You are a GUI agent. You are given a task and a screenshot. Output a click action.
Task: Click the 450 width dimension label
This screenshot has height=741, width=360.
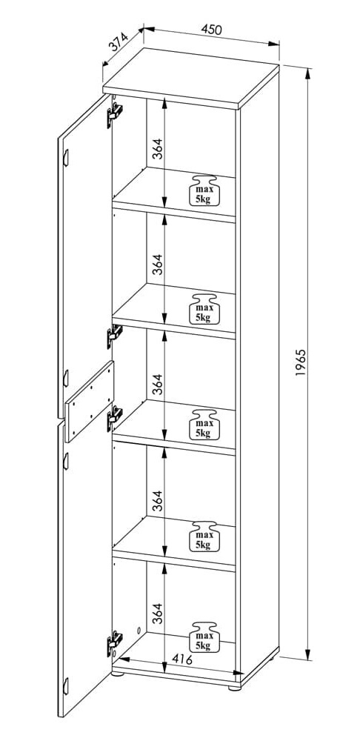pyautogui.click(x=211, y=30)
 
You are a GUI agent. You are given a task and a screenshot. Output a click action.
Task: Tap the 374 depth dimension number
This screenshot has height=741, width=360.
pyautogui.click(x=119, y=41)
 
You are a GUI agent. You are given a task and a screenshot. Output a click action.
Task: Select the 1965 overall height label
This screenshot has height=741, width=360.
pyautogui.click(x=301, y=362)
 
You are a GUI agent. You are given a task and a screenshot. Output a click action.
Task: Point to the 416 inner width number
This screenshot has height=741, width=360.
pyautogui.click(x=182, y=659)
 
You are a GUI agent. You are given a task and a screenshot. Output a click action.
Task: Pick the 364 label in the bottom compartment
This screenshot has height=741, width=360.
pyautogui.click(x=158, y=613)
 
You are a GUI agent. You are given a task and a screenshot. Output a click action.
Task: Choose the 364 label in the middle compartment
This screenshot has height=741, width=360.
pyautogui.click(x=158, y=384)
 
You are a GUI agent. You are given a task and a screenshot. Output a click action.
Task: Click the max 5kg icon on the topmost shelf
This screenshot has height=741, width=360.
pyautogui.click(x=204, y=190)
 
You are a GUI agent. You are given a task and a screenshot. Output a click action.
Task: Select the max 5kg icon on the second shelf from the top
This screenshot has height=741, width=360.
pyautogui.click(x=204, y=308)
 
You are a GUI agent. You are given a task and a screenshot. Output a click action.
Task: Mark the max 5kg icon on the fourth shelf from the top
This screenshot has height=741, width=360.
pyautogui.click(x=204, y=536)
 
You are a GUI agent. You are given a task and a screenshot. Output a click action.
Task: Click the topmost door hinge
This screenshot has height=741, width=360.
pyautogui.click(x=115, y=114)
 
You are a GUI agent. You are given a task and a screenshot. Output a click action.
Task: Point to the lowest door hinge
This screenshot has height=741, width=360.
pyautogui.click(x=114, y=643)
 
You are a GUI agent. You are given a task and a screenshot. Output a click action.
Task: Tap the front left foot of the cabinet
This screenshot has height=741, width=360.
pyautogui.click(x=118, y=674)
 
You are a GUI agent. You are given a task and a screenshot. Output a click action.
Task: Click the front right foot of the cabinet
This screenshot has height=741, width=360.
pyautogui.click(x=234, y=687)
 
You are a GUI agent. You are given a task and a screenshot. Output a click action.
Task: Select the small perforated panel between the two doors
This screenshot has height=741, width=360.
pyautogui.click(x=90, y=402)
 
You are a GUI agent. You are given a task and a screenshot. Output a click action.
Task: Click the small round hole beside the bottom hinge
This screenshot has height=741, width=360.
pyautogui.click(x=139, y=631)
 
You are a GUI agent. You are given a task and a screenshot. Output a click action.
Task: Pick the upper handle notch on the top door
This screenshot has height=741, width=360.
pyautogui.click(x=66, y=158)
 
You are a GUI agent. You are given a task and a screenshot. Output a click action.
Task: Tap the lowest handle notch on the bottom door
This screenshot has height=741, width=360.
pyautogui.click(x=66, y=685)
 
